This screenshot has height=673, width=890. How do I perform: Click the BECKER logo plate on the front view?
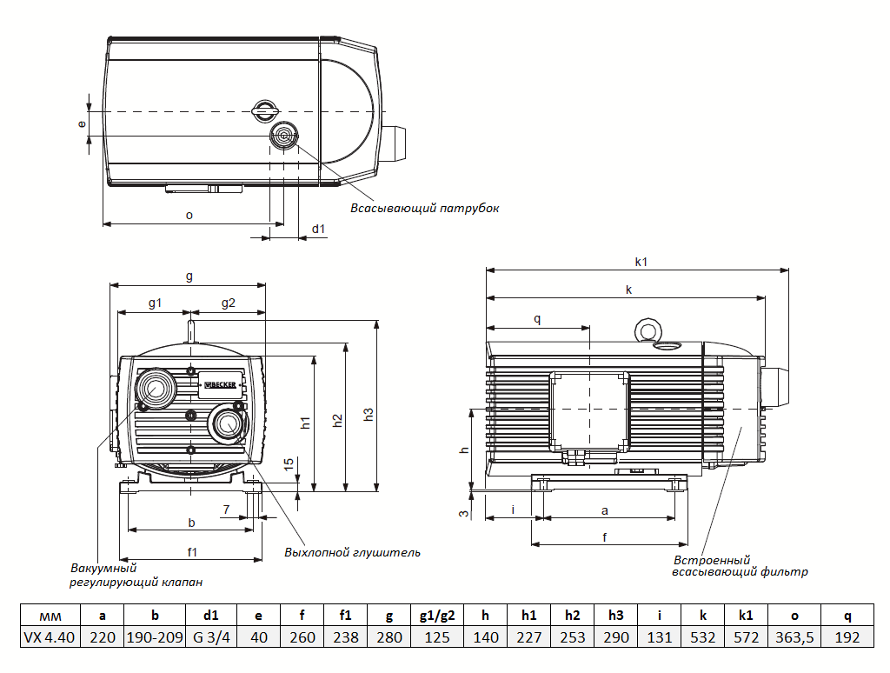click(x=218, y=383)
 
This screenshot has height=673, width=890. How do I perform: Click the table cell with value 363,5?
click(x=794, y=637)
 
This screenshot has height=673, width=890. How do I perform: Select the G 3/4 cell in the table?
click(x=210, y=637)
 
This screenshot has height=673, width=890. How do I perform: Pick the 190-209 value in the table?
click(x=155, y=637)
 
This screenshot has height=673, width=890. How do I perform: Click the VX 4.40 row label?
click(x=50, y=637)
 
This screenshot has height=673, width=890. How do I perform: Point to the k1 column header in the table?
click(x=746, y=616)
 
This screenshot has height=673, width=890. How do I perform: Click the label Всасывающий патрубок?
click(x=425, y=209)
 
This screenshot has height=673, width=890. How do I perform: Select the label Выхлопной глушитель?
click(x=352, y=552)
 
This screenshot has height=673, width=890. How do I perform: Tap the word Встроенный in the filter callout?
click(x=711, y=561)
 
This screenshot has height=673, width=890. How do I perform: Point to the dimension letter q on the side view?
click(x=537, y=319)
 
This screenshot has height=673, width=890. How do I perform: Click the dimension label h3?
click(x=369, y=416)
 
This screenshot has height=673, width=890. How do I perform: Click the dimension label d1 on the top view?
click(x=318, y=229)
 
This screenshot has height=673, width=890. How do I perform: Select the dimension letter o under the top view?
click(x=189, y=214)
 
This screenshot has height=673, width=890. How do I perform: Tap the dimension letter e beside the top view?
click(x=82, y=123)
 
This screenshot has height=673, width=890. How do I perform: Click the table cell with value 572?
click(x=746, y=637)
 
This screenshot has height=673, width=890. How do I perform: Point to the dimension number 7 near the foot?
click(x=226, y=509)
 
